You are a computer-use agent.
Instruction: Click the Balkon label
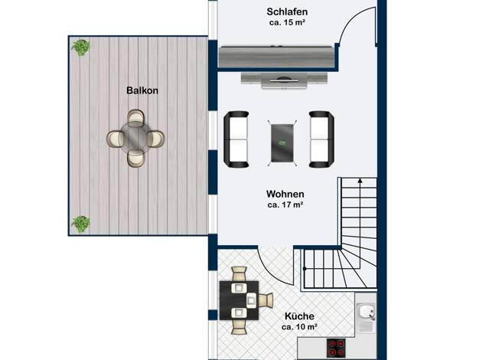pyautogui.click(x=142, y=90)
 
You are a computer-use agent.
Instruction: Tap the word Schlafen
pyautogui.click(x=287, y=12)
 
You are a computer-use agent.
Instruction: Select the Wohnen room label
pyautogui.click(x=285, y=194)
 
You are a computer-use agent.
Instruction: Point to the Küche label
pyautogui.click(x=299, y=316)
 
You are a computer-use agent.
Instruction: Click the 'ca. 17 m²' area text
pyautogui.click(x=285, y=205)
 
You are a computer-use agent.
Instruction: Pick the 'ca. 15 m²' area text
pyautogui.click(x=288, y=23)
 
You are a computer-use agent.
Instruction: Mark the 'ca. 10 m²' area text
pyautogui.click(x=299, y=327)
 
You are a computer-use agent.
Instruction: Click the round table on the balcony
pyautogui.click(x=135, y=138)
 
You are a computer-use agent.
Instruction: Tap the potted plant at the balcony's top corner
pyautogui.click(x=80, y=47)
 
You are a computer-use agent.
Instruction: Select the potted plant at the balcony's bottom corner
pyautogui.click(x=80, y=224)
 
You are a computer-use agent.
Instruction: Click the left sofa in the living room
pyautogui.click(x=236, y=139)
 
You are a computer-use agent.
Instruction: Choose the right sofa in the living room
pyautogui.click(x=321, y=139)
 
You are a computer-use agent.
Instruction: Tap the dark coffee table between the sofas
pyautogui.click(x=282, y=142)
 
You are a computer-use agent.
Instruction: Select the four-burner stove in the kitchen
pyautogui.click(x=336, y=348)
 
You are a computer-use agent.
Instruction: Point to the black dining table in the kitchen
pyautogui.click(x=239, y=300)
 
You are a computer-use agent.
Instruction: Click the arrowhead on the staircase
pyautogui.click(x=360, y=181)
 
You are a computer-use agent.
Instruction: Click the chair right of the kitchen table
pyautogui.click(x=265, y=299)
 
